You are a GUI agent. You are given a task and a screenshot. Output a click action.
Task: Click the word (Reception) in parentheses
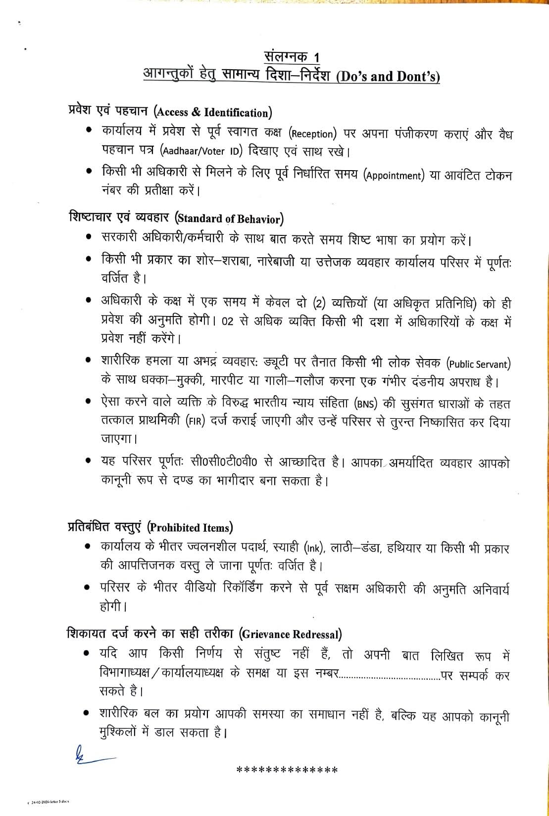pos(313,134)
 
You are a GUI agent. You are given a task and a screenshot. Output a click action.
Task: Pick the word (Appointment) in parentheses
pos(394,176)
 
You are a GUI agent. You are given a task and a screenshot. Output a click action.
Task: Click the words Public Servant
pos(479,364)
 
